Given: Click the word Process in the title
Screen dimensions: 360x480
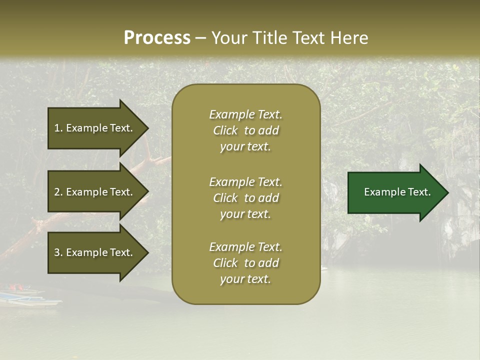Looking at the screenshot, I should pyautogui.click(x=157, y=38).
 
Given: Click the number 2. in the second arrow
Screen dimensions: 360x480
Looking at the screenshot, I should pyautogui.click(x=58, y=192).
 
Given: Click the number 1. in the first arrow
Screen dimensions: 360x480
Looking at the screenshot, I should pyautogui.click(x=58, y=128).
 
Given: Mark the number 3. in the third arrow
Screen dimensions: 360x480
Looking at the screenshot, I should pyautogui.click(x=58, y=252).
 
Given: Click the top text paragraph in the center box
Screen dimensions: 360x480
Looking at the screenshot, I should pyautogui.click(x=245, y=130).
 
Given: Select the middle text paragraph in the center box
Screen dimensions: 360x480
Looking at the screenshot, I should pyautogui.click(x=245, y=198).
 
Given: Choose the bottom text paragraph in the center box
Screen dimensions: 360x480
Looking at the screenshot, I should pyautogui.click(x=245, y=263).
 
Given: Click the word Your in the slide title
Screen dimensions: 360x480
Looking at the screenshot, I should pyautogui.click(x=228, y=38).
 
